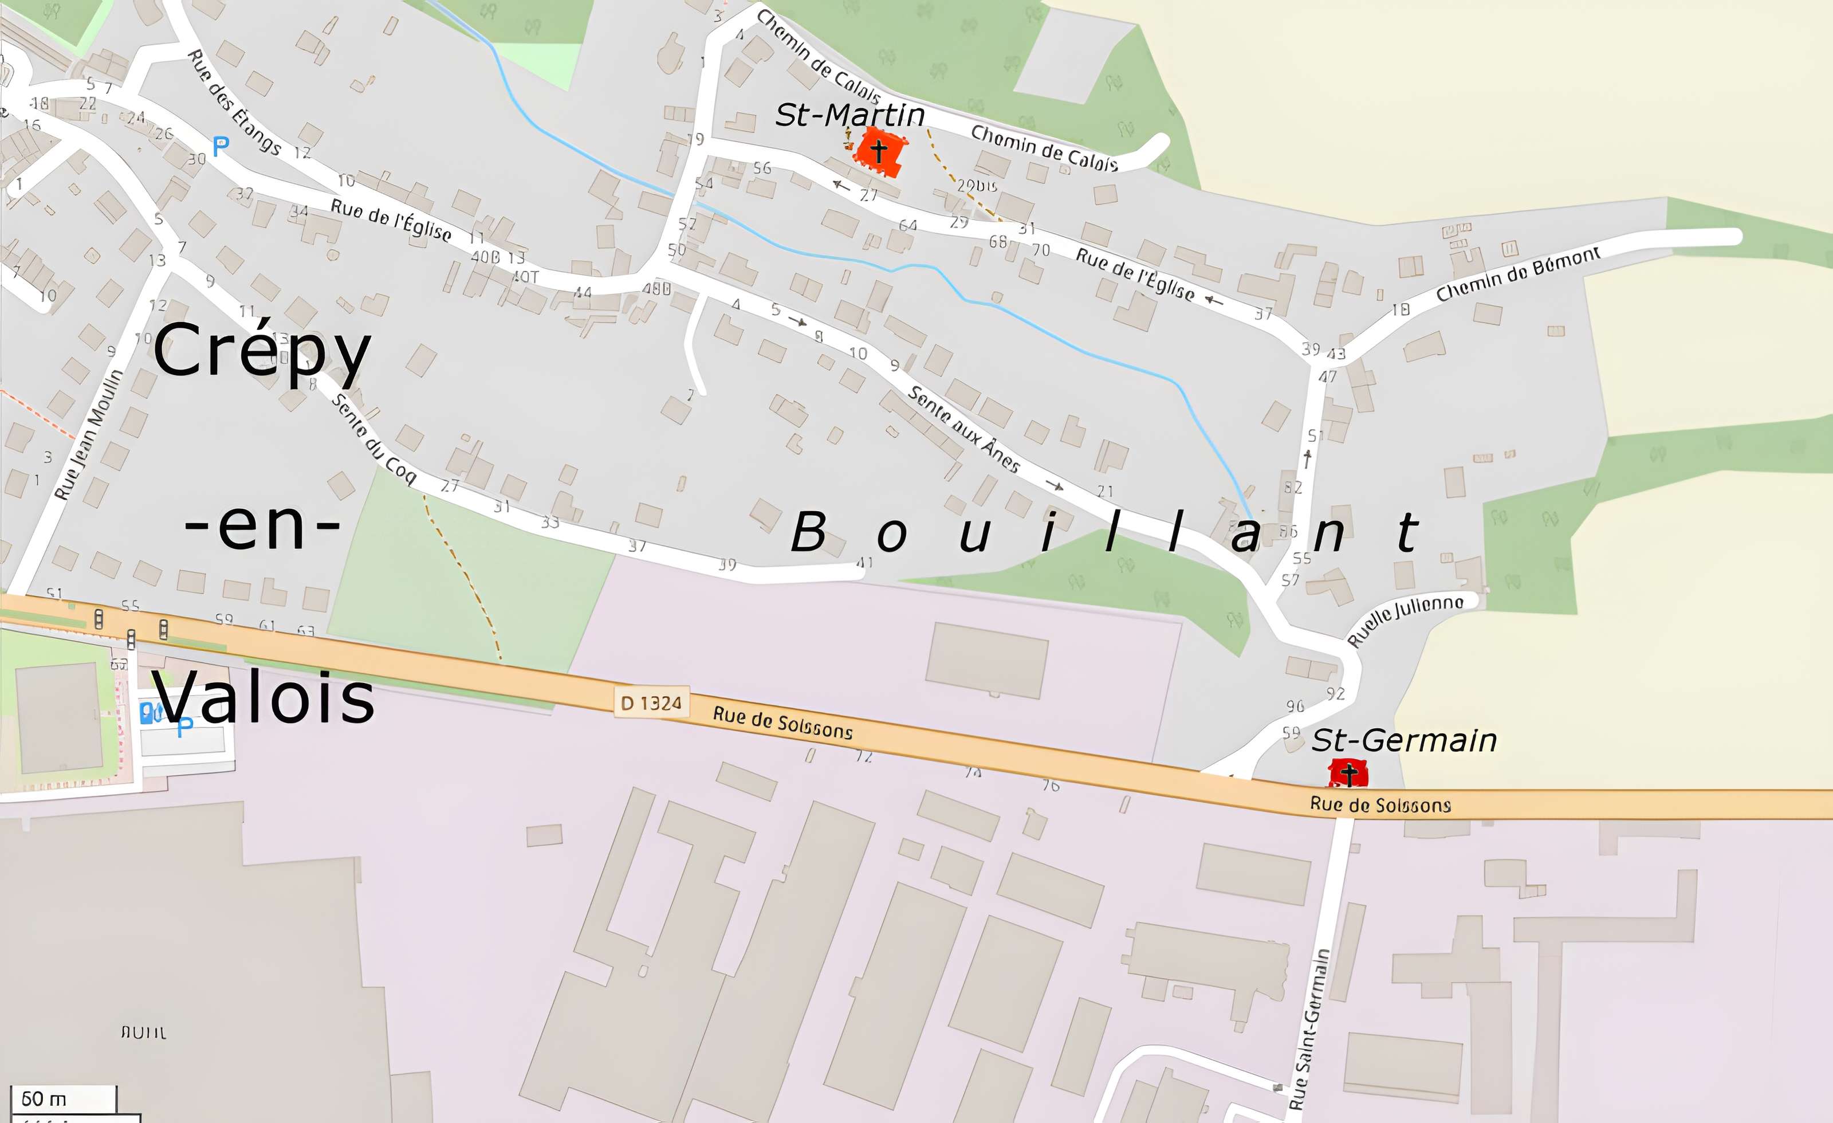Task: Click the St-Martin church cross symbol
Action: (x=879, y=151)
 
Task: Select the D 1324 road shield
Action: (x=651, y=702)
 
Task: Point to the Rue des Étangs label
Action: (x=234, y=102)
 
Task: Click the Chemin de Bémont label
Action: (x=1517, y=274)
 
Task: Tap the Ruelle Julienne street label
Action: (x=1405, y=619)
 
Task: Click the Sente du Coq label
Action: (x=373, y=438)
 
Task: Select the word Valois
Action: (x=264, y=697)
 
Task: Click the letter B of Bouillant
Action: (x=809, y=533)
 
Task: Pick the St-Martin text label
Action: (x=849, y=115)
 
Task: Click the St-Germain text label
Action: (x=1404, y=740)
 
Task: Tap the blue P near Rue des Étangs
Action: (x=220, y=147)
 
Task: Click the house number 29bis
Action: (x=977, y=185)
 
